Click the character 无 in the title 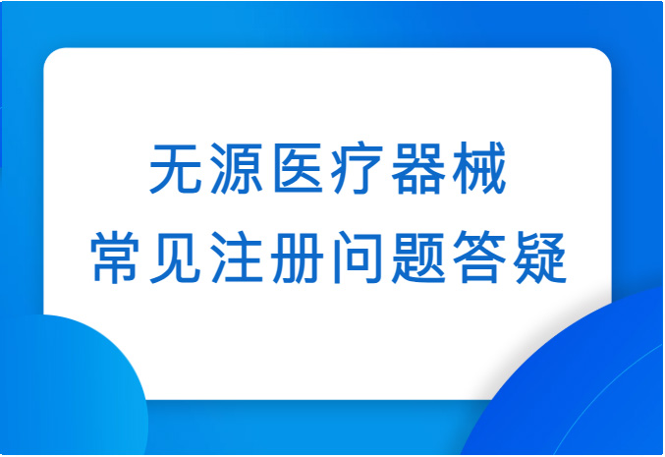(176, 168)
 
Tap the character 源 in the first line (237, 168)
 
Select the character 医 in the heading (298, 168)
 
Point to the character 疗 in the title (358, 168)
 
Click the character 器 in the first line (417, 168)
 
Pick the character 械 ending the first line (478, 168)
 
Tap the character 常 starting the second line (115, 257)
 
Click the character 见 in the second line (176, 257)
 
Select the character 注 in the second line (237, 257)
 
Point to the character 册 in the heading (298, 257)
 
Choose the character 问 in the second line (358, 257)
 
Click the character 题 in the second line (418, 257)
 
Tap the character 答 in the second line (478, 257)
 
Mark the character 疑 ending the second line (540, 257)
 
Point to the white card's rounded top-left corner (50, 54)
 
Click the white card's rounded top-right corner (605, 54)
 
